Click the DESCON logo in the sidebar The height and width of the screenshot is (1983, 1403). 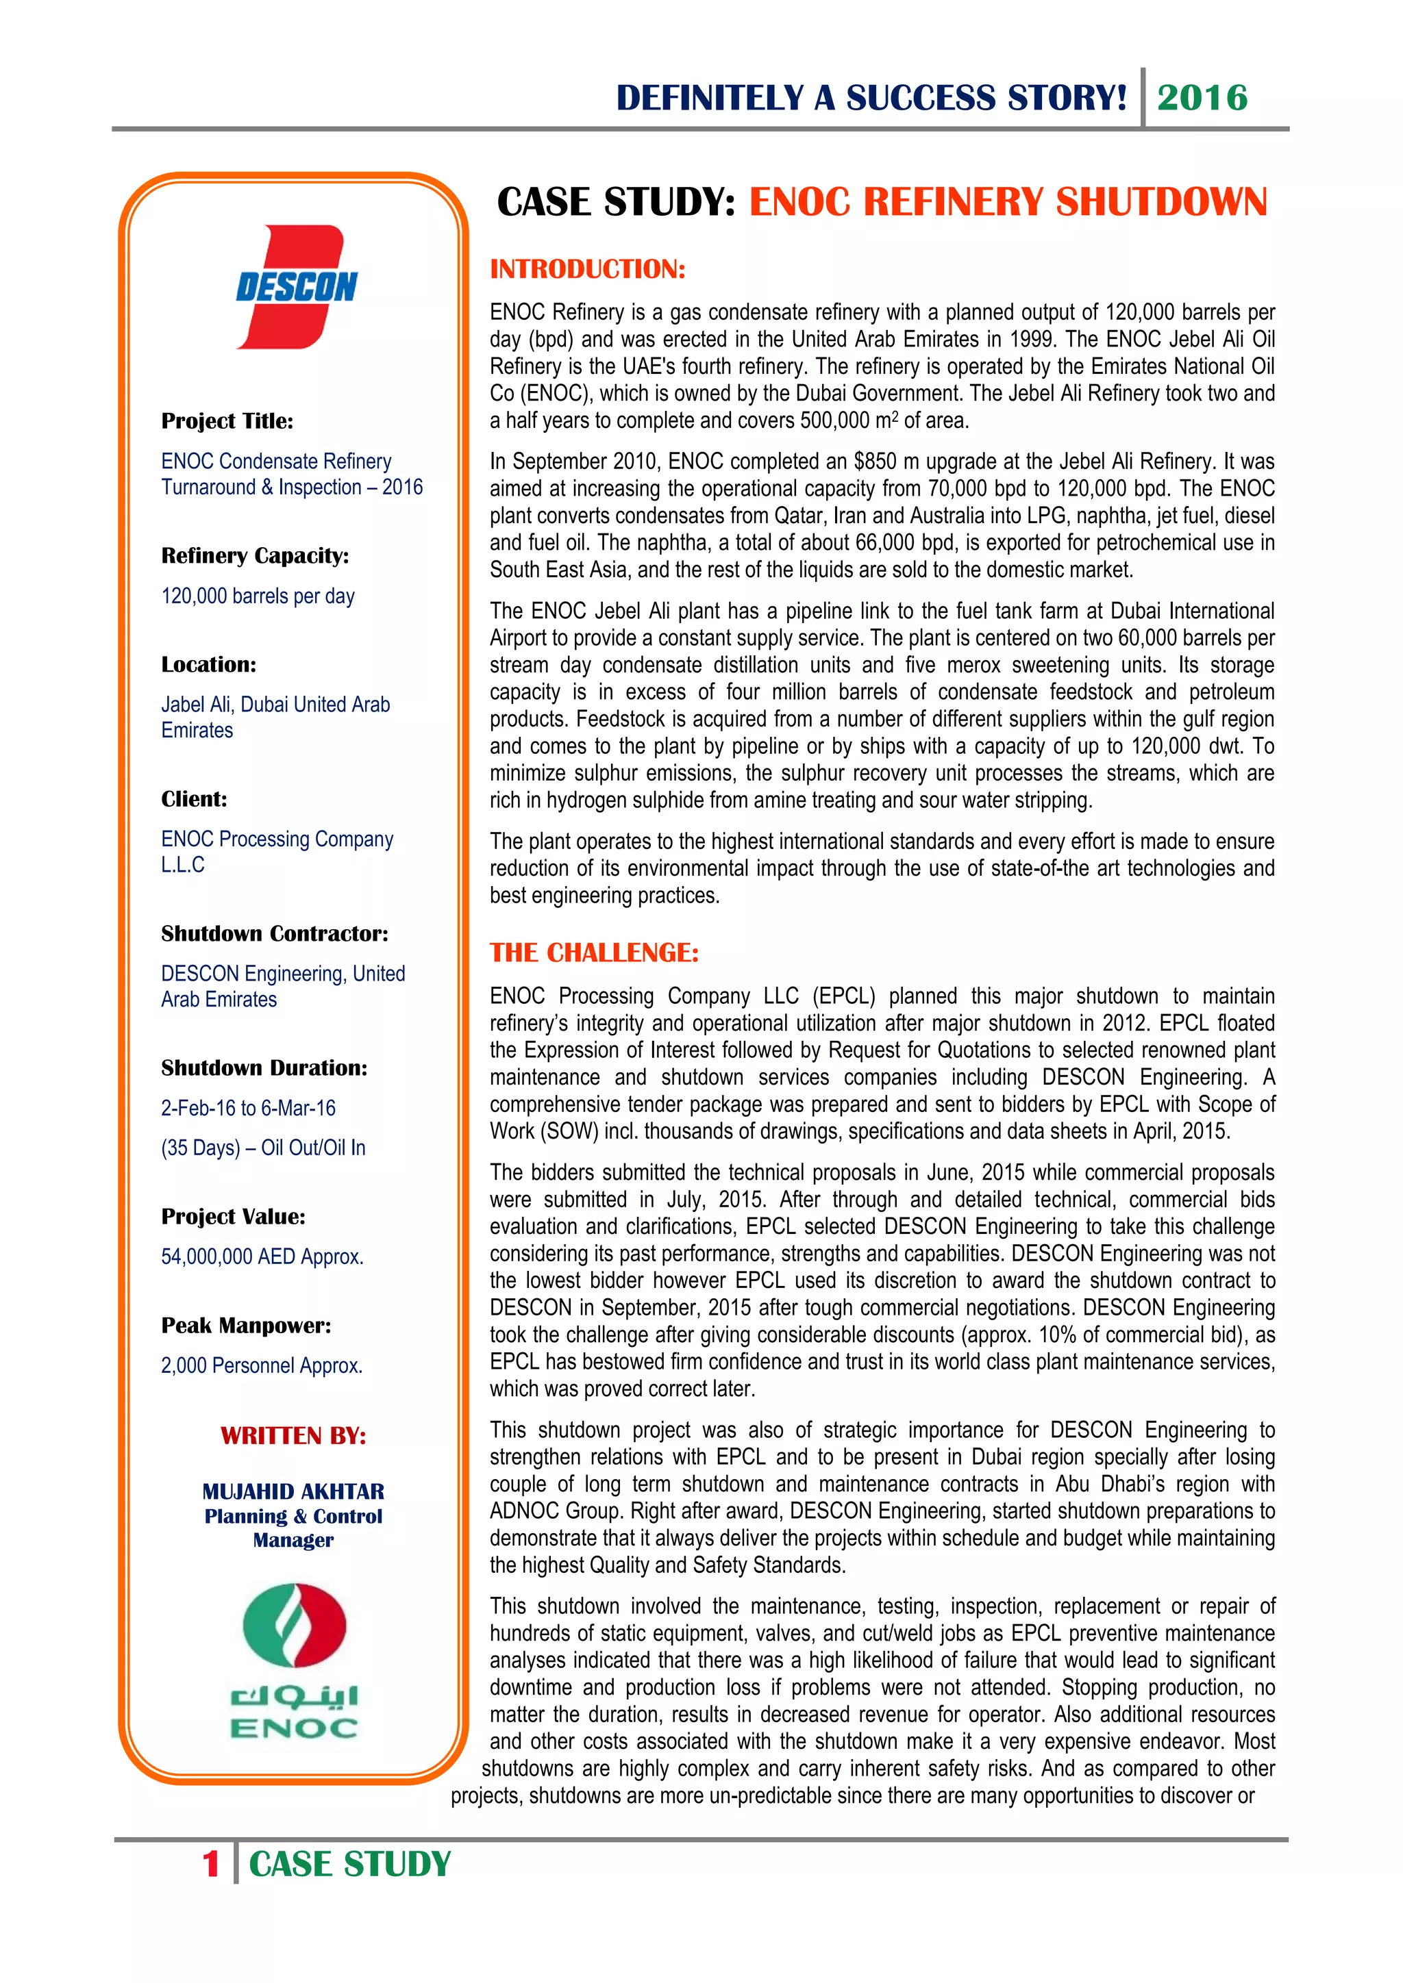[297, 287]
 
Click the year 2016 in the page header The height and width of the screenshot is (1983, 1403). [1202, 98]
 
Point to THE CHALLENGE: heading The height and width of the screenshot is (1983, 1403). [593, 952]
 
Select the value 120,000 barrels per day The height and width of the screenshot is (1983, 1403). [258, 596]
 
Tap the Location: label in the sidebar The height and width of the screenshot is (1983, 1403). [208, 664]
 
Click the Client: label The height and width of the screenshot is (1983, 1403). [193, 799]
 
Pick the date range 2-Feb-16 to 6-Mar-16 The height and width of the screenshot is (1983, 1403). [248, 1108]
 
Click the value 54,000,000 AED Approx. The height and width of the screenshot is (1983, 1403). [262, 1256]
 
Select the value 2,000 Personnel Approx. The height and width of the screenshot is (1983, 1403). [261, 1365]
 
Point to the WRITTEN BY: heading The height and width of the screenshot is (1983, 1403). [293, 1435]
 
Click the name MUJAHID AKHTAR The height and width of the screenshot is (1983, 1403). [293, 1491]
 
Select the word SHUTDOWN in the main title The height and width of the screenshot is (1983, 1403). [1161, 202]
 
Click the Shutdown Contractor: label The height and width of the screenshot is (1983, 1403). [274, 933]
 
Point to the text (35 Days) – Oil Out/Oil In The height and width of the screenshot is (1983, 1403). [262, 1148]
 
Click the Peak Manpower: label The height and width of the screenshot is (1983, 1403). [245, 1326]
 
